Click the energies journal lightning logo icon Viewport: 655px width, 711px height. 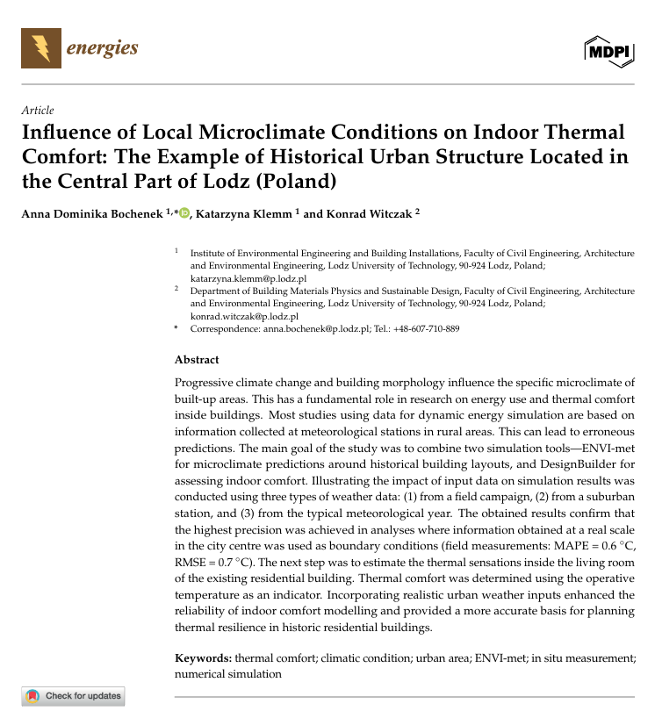coord(40,48)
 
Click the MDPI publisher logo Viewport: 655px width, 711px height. coord(608,53)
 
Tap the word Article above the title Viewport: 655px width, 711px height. coord(38,111)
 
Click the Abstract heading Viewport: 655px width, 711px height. coord(197,360)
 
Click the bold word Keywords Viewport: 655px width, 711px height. coord(203,658)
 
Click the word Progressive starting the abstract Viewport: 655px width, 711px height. coord(205,384)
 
